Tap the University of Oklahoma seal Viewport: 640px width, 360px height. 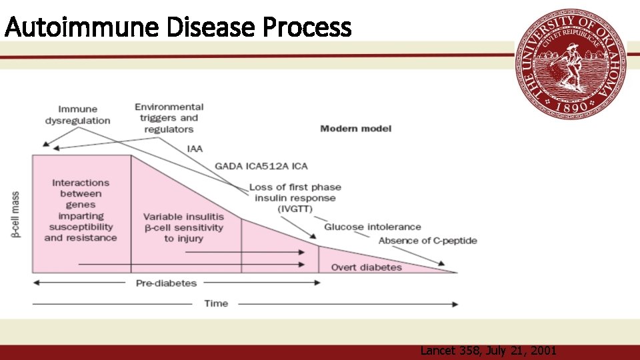point(571,63)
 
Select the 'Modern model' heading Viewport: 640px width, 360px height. point(355,128)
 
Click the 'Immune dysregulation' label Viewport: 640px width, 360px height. point(77,115)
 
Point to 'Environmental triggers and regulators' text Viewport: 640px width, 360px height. point(169,118)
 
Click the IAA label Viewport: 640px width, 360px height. point(195,147)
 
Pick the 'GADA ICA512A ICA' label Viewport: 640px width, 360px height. point(261,166)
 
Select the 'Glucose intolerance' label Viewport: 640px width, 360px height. point(373,227)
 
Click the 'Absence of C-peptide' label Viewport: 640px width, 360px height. point(427,241)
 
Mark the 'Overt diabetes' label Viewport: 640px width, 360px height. point(367,267)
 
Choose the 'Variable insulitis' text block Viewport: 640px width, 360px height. point(183,227)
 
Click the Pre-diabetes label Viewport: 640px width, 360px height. point(166,283)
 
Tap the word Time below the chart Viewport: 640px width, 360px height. point(215,303)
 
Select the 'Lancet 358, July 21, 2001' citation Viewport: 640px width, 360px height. point(488,351)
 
